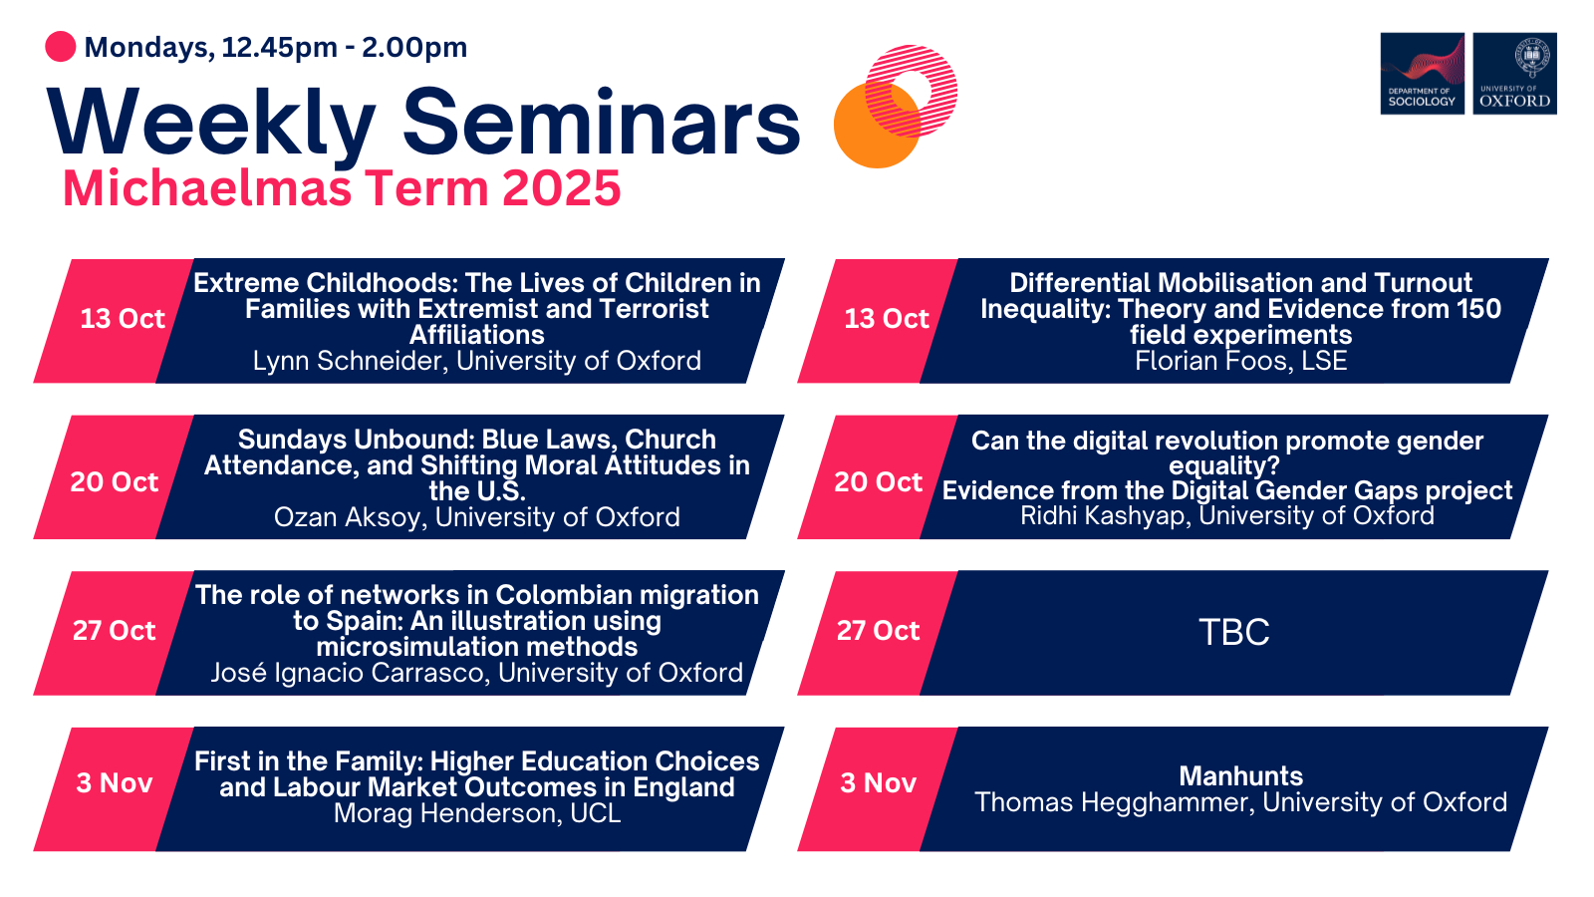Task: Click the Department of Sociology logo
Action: (x=1422, y=74)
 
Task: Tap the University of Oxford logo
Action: (x=1515, y=74)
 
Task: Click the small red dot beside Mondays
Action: (x=61, y=47)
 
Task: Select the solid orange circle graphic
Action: (x=877, y=125)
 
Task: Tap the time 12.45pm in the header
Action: (x=280, y=48)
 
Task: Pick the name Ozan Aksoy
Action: (x=350, y=517)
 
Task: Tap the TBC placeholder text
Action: (x=1234, y=632)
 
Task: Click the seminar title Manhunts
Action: (x=1240, y=776)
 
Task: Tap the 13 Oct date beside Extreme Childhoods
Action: (x=123, y=318)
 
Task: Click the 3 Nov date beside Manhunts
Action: (x=878, y=783)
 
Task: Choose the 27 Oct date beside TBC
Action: (x=878, y=631)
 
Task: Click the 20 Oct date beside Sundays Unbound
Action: (x=114, y=482)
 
